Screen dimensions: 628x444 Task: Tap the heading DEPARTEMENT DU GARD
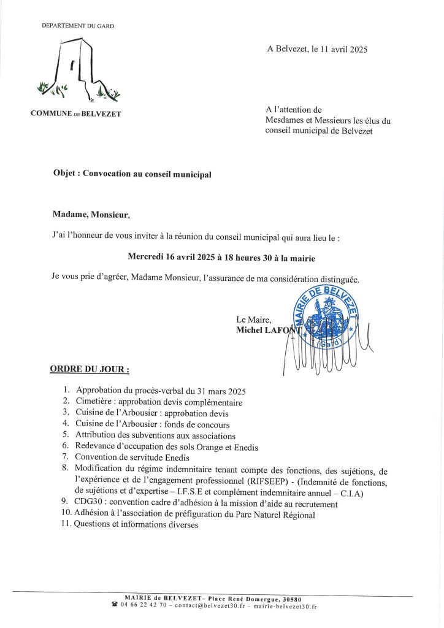pyautogui.click(x=78, y=26)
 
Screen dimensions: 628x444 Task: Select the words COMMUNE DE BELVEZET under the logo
pyautogui.click(x=75, y=114)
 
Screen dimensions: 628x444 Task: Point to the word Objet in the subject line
pyautogui.click(x=66, y=174)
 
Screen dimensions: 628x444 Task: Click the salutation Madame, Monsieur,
pyautogui.click(x=91, y=214)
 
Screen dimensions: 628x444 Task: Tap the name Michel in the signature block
pyautogui.click(x=250, y=330)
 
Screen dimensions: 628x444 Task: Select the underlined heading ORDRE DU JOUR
pyautogui.click(x=89, y=370)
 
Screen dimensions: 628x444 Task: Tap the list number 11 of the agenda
pyautogui.click(x=66, y=525)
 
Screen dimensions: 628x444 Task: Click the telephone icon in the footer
pyautogui.click(x=115, y=606)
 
